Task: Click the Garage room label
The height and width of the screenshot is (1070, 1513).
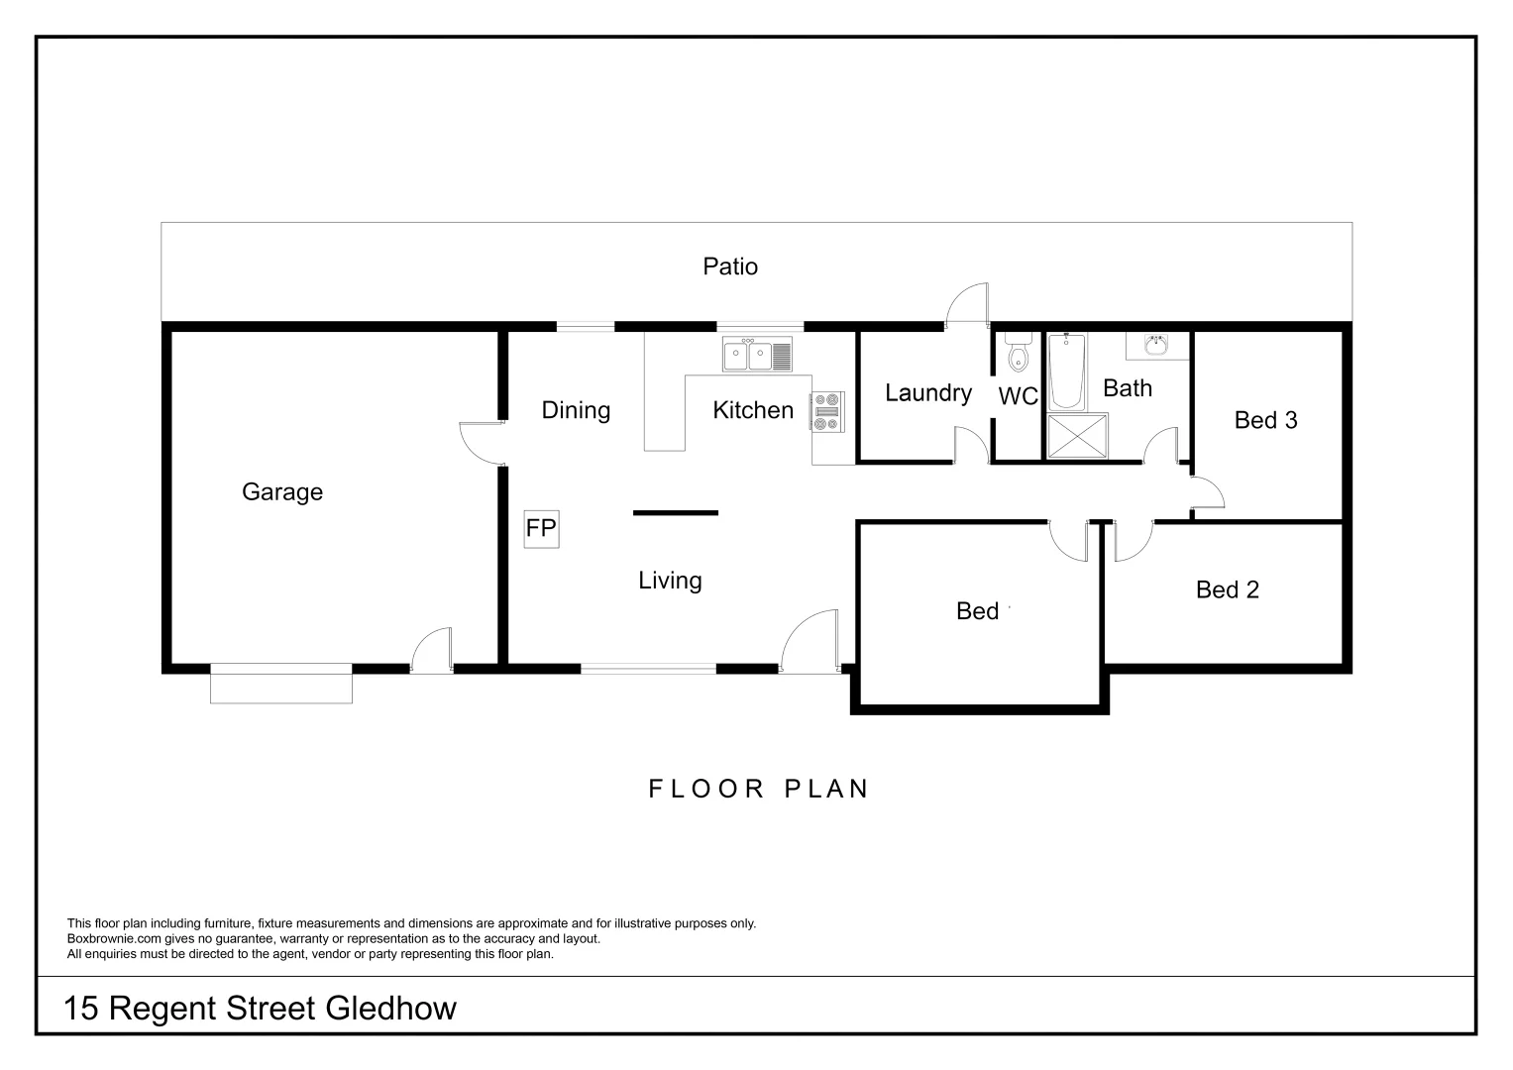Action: tap(282, 492)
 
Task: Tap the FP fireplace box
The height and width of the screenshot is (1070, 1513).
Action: tap(541, 529)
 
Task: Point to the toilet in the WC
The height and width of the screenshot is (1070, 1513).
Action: tap(1018, 352)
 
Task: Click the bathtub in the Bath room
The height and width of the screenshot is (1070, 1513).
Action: tap(1067, 372)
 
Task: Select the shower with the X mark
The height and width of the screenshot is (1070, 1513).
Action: tap(1077, 437)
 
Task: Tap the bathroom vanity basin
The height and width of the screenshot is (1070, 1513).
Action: tap(1155, 345)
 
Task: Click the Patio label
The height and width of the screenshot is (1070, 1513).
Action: tap(730, 267)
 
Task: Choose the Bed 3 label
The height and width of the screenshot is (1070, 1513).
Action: tap(1265, 420)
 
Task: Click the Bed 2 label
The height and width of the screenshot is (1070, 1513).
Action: tap(1227, 590)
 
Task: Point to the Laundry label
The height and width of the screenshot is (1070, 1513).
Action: tap(927, 393)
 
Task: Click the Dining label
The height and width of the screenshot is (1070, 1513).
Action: tap(576, 410)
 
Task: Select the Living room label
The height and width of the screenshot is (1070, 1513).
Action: tap(670, 581)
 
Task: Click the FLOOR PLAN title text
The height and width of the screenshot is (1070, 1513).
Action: tap(759, 789)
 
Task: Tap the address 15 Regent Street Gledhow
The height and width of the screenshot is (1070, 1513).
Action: tap(260, 1009)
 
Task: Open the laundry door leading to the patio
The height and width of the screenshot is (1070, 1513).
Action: tap(967, 304)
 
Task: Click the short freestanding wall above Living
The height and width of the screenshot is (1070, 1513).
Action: tap(676, 512)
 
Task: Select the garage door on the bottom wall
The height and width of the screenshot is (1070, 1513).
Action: tap(281, 685)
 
